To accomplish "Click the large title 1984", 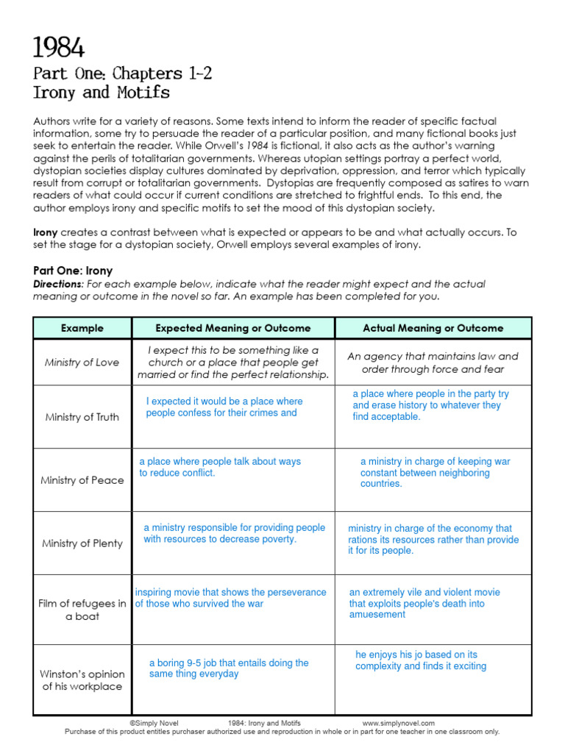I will tap(59, 49).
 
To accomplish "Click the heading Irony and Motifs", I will tap(101, 93).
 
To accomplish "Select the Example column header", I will tap(82, 328).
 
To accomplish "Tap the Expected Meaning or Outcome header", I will tap(233, 328).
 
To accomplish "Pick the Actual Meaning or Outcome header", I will tap(433, 328).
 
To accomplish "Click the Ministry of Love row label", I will tap(82, 363).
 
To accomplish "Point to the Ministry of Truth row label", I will tap(82, 417).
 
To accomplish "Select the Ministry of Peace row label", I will tap(82, 480).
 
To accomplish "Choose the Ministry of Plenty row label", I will tap(82, 543).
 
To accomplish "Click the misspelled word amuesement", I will tap(377, 615).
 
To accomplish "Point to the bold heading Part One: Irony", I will tap(73, 271).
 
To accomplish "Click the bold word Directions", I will tap(58, 284).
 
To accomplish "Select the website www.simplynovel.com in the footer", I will tap(398, 723).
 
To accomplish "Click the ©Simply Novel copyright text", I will tap(154, 723).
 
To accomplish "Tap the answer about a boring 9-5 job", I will tap(228, 668).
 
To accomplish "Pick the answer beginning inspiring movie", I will tap(230, 598).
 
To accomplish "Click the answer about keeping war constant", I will tap(434, 472).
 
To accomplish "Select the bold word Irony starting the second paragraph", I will tap(45, 232).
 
